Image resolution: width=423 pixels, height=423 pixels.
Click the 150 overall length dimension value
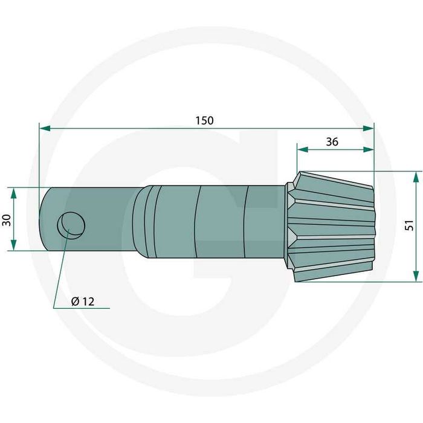204,120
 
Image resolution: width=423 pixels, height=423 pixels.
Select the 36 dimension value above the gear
332,142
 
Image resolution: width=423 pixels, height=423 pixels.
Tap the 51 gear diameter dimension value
409,225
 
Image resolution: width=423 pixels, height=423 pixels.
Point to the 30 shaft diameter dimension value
6,219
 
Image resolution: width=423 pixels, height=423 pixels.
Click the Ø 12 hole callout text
82,302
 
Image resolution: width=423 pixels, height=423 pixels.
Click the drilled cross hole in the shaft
71,225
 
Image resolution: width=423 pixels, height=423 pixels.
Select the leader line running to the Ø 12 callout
62,266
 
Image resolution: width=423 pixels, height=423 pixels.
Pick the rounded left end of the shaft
44,219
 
